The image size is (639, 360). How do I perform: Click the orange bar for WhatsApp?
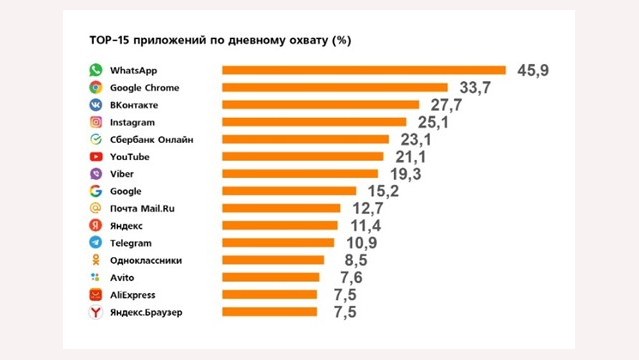[x=365, y=70]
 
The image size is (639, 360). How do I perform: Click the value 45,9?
[x=533, y=69]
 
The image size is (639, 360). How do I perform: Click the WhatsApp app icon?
[x=95, y=70]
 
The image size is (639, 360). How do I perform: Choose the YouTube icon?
[x=95, y=156]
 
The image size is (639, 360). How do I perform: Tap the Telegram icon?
[x=95, y=242]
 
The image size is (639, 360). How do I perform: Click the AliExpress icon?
[x=95, y=294]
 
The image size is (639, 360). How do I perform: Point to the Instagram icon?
[x=95, y=122]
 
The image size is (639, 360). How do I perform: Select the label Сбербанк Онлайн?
[x=151, y=139]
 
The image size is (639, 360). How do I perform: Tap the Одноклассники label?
[x=147, y=260]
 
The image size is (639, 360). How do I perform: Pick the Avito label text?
[x=122, y=277]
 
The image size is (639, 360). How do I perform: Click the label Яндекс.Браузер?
[x=148, y=312]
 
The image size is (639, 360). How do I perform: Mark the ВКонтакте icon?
[x=95, y=105]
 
